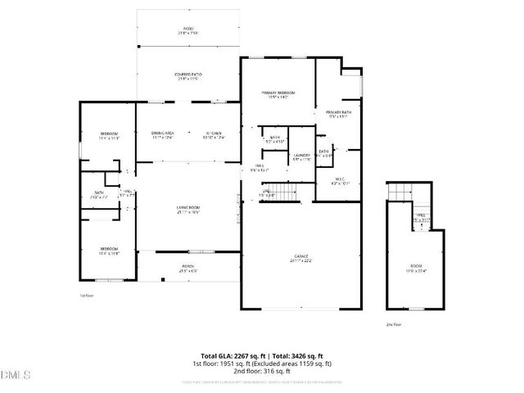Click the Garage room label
coord(301,258)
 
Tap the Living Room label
coord(188,209)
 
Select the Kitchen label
coord(215,134)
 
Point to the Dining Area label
coord(162,134)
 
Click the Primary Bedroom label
coord(278,94)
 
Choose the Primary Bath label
coord(338,113)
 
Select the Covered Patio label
coord(188,76)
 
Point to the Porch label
coord(188,268)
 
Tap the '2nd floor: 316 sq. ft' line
coord(262,371)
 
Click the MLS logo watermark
coord(16,375)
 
